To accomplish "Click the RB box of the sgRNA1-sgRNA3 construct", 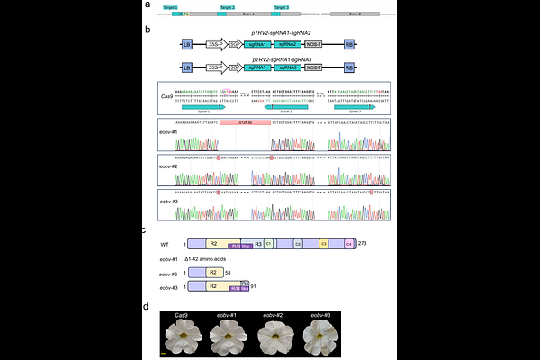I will click(x=348, y=67).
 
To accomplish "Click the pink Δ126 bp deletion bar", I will click(x=245, y=123).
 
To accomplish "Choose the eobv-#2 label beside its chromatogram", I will click(x=168, y=168).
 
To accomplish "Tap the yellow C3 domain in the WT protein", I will click(x=323, y=243).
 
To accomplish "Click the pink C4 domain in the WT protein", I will click(x=348, y=243).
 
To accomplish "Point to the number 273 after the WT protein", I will click(x=363, y=243).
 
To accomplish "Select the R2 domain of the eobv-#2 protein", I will click(x=213, y=271).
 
